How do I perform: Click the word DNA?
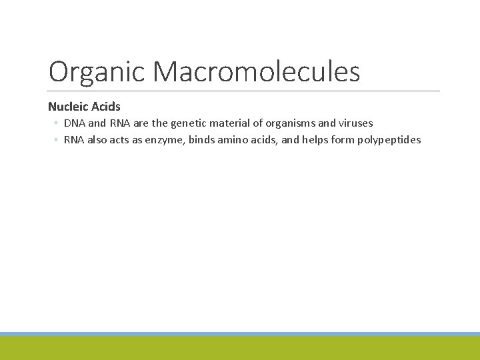[75, 123]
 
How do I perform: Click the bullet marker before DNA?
[57, 124]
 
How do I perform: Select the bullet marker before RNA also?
[57, 141]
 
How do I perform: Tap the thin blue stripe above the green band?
[240, 334]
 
